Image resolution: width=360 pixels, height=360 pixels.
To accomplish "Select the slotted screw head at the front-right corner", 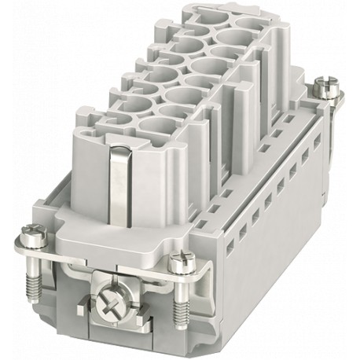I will tap(179, 256).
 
